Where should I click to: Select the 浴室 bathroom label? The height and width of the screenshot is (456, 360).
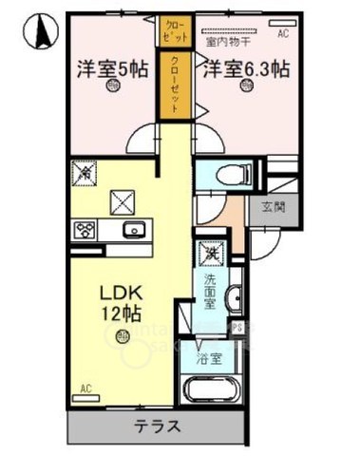coord(210,359)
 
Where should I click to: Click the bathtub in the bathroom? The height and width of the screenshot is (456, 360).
coord(214,390)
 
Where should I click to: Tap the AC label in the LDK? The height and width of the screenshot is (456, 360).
coord(85,389)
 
